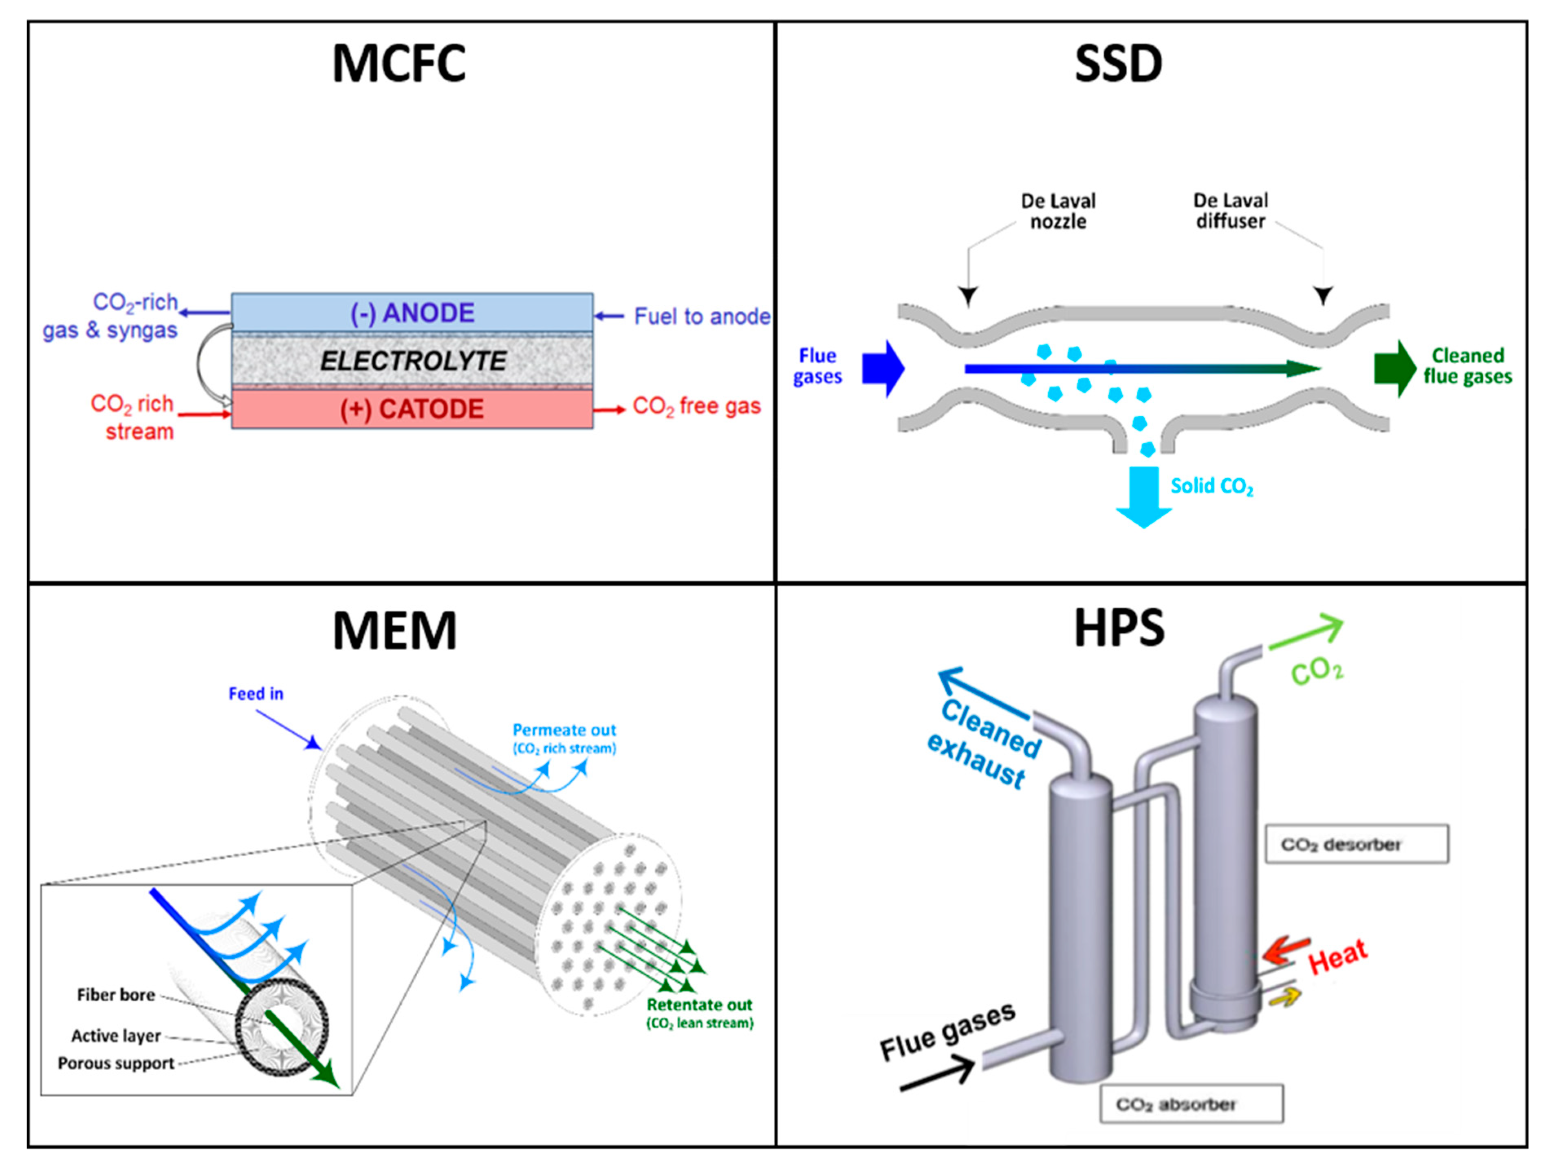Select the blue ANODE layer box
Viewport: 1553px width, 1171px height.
click(x=412, y=313)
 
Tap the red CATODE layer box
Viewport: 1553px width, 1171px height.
click(x=412, y=409)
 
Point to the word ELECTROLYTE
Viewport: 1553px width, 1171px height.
click(x=413, y=361)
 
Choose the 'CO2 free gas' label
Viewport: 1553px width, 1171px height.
click(x=696, y=407)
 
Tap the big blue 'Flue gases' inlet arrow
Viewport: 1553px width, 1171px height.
click(x=883, y=368)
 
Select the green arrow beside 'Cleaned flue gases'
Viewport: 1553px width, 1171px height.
click(x=1395, y=369)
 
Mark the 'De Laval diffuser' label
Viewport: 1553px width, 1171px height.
click(x=1231, y=211)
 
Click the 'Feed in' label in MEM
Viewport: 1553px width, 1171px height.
click(x=256, y=694)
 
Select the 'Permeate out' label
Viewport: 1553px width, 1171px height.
click(x=564, y=731)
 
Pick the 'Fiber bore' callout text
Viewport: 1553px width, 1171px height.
click(x=116, y=995)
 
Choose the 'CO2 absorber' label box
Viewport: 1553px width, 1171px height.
click(x=1192, y=1104)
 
